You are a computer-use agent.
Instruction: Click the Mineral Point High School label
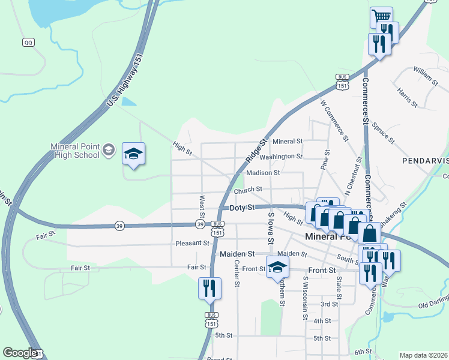(x=74, y=149)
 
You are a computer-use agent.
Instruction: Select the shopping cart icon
(x=381, y=17)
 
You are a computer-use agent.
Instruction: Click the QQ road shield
(x=28, y=42)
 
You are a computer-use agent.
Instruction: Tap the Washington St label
(x=281, y=156)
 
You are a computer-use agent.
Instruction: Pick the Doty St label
(x=243, y=207)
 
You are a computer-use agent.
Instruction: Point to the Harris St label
(x=408, y=97)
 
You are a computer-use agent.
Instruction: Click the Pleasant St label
(x=192, y=243)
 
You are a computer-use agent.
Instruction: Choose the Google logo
(x=20, y=353)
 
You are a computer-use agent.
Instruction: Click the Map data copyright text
(x=423, y=355)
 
